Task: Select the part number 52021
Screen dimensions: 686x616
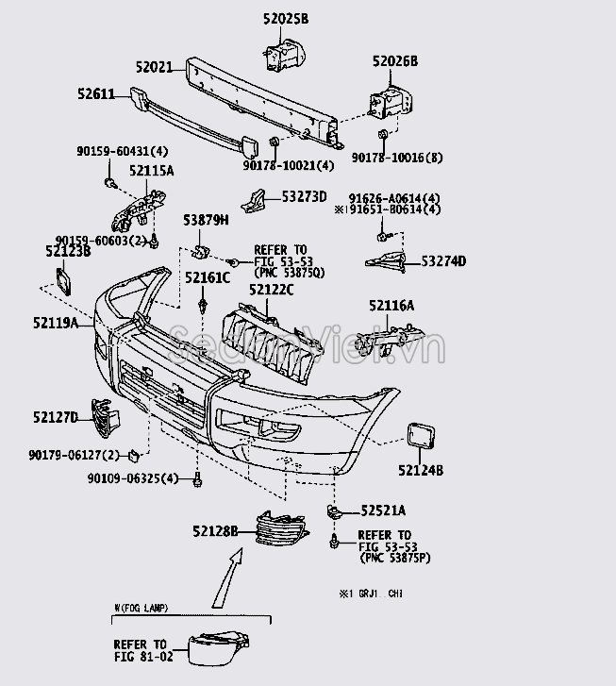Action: pos(153,68)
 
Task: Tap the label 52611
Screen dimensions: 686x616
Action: pos(95,94)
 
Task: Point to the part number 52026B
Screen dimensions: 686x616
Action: pos(394,62)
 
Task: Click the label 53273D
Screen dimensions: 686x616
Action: pos(304,197)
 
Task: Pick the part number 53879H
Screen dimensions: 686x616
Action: pos(206,221)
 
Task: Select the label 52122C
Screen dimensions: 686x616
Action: pos(272,290)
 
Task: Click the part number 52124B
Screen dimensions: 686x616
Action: pos(420,469)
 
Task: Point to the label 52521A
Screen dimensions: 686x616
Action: pos(383,510)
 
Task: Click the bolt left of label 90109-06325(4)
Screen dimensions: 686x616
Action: pos(197,480)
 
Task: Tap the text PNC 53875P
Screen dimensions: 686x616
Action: pos(394,558)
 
